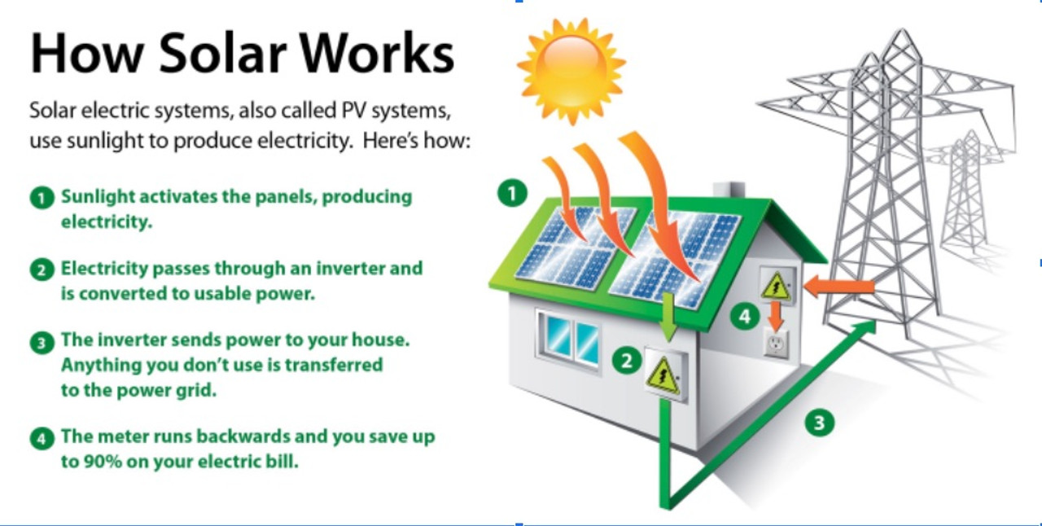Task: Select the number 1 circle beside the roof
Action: coord(512,193)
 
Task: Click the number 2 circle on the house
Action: coord(626,360)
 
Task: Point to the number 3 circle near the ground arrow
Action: coord(820,423)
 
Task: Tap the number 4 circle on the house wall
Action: coord(744,316)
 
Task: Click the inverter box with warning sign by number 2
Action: coord(665,375)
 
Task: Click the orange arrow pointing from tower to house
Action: coord(838,286)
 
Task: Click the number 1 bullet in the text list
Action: coord(41,198)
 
